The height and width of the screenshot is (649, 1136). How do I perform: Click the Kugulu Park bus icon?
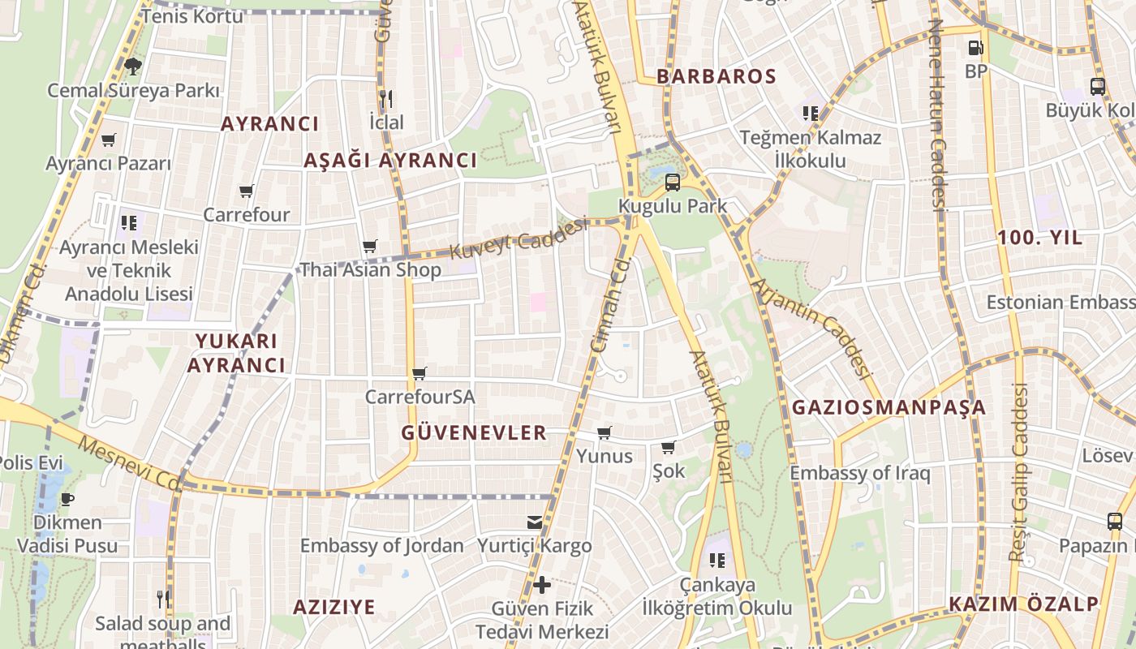[672, 183]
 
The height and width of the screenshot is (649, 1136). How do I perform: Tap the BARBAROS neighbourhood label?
[716, 77]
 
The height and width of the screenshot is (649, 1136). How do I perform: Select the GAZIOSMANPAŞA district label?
[889, 407]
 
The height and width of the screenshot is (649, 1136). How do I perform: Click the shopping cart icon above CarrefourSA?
[419, 374]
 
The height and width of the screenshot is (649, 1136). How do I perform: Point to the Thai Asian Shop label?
[371, 270]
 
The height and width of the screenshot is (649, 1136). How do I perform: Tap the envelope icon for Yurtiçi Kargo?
[535, 522]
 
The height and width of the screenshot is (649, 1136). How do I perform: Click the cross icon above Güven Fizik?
[541, 584]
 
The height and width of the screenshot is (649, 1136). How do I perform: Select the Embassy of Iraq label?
[860, 473]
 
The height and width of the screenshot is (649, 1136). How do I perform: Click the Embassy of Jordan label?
[382, 546]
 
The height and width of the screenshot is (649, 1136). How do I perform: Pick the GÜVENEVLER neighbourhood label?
[474, 433]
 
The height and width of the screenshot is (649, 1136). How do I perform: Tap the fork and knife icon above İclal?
[385, 99]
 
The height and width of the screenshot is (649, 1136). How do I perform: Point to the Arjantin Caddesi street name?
[811, 329]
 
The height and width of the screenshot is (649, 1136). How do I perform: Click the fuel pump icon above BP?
[975, 48]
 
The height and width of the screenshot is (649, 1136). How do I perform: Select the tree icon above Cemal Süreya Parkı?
[133, 66]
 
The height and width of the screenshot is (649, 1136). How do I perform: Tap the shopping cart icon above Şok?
[668, 448]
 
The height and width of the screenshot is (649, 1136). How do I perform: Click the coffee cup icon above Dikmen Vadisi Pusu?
[67, 498]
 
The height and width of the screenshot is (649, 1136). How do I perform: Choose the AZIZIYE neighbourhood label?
[334, 607]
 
